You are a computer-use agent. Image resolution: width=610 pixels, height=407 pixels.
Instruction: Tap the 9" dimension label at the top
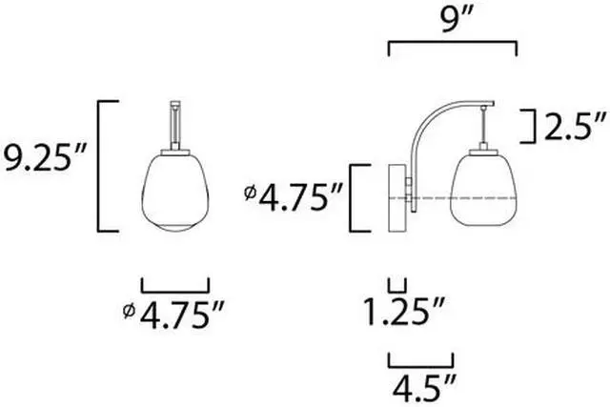[x=454, y=19]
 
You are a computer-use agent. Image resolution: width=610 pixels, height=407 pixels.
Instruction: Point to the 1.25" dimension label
[x=403, y=311]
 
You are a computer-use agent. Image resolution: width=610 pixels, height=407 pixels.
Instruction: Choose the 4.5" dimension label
[x=423, y=387]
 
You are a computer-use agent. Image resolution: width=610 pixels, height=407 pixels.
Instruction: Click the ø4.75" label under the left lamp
[x=173, y=314]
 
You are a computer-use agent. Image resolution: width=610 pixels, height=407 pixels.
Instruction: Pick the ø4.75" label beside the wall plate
[x=294, y=197]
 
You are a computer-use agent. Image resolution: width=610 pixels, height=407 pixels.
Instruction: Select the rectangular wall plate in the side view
[x=397, y=198]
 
